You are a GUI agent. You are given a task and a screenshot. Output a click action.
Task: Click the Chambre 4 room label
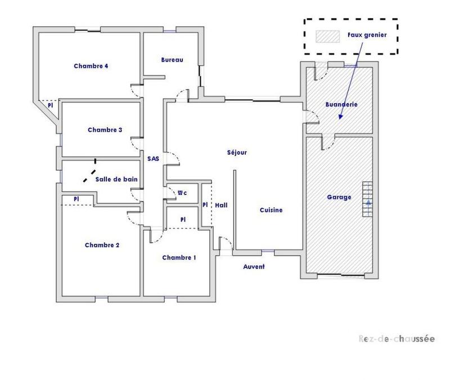tap(91, 66)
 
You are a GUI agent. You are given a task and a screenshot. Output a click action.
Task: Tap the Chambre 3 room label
tap(105, 130)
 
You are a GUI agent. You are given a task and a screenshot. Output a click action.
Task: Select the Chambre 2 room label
tap(102, 245)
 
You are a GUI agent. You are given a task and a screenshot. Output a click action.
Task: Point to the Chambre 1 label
tap(179, 258)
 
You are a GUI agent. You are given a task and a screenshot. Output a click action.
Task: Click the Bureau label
tap(172, 60)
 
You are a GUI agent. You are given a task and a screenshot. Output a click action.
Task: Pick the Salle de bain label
tap(116, 179)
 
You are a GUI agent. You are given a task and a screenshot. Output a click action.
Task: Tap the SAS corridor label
tap(153, 159)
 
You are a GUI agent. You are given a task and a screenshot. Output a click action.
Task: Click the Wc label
tap(182, 193)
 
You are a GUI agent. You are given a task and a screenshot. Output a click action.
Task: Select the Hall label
tap(221, 205)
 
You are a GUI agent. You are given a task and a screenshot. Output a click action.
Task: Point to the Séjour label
tap(237, 152)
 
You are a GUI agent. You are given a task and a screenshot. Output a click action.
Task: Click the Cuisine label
tap(271, 210)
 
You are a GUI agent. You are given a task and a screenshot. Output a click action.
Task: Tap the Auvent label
tap(254, 266)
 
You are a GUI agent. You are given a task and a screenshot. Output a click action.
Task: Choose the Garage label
tap(339, 197)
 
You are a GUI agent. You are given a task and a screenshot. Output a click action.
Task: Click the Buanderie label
tap(341, 104)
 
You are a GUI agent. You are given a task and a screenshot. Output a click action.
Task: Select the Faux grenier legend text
tap(367, 34)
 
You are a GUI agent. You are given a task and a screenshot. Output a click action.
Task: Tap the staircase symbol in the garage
tap(367, 200)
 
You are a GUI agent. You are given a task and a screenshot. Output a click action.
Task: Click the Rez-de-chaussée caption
tap(397, 339)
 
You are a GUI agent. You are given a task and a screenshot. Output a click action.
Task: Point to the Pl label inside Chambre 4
tap(50, 105)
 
